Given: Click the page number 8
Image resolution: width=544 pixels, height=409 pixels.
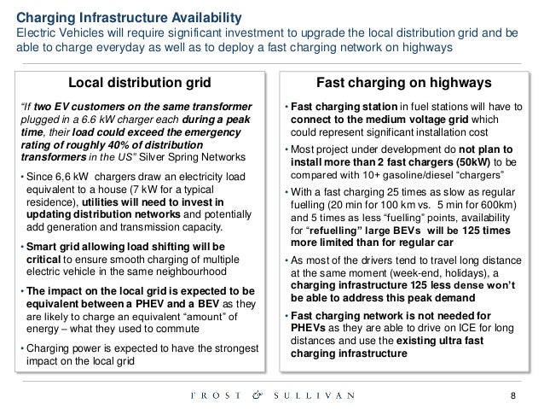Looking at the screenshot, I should (x=512, y=394).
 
